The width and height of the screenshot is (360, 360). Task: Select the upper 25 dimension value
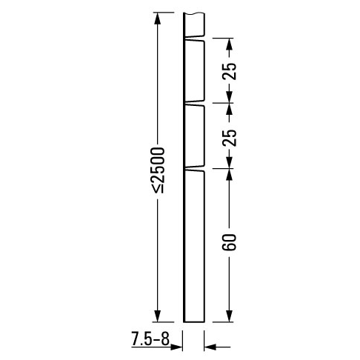pyautogui.click(x=230, y=71)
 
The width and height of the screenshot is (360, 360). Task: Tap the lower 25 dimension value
pyautogui.click(x=230, y=137)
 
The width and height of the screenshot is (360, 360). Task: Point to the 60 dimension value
pyautogui.click(x=230, y=241)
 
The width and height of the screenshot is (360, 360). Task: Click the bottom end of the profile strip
pyautogui.click(x=193, y=321)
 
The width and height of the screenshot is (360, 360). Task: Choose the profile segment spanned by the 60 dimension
pyautogui.click(x=193, y=244)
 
